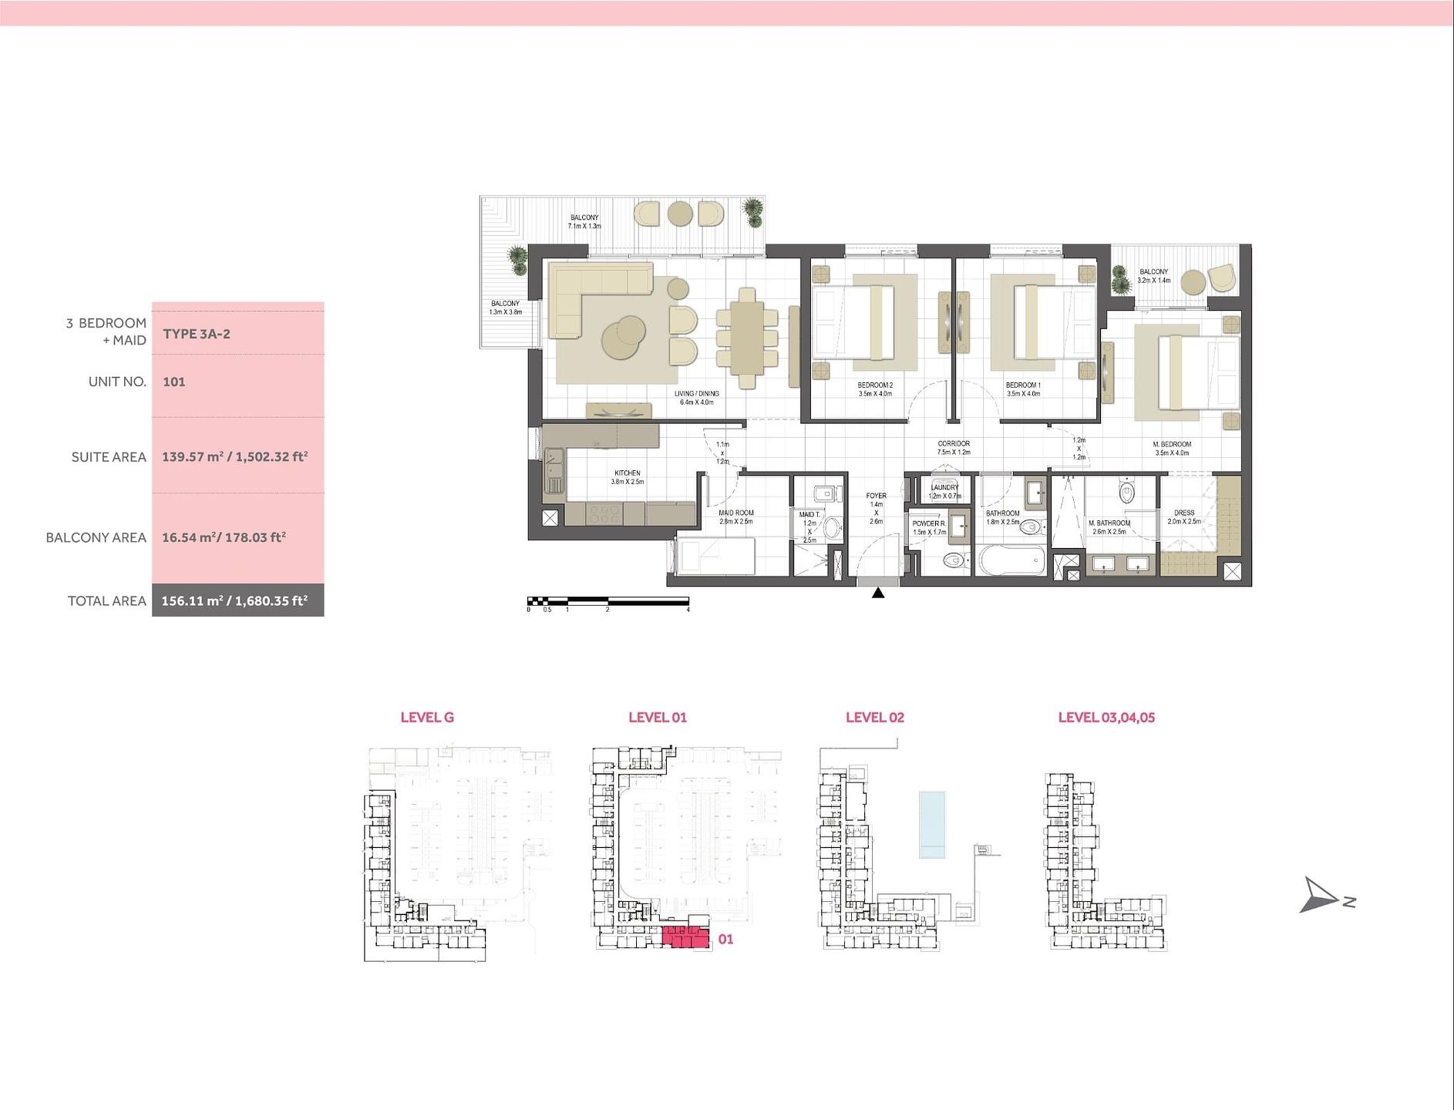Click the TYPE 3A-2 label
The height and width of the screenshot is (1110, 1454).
[197, 335]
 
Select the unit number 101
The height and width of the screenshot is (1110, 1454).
[174, 382]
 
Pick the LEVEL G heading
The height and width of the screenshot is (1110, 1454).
[427, 717]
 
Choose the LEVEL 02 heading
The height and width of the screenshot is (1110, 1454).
[874, 717]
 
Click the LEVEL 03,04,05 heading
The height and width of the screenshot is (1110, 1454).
[1106, 717]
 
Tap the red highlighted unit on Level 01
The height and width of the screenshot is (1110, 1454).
[685, 937]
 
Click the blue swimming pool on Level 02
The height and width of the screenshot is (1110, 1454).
[932, 824]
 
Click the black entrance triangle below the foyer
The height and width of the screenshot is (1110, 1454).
[877, 593]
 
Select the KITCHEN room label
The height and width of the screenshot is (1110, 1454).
[628, 473]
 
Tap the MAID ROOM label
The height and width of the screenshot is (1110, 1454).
[736, 513]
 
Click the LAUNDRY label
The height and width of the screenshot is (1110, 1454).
[944, 487]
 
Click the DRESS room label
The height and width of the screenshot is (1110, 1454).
[1184, 513]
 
